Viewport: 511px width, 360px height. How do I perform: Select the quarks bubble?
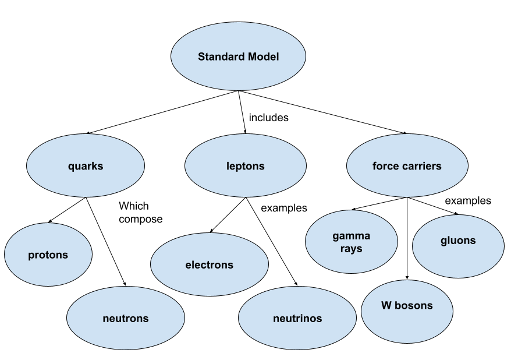86,166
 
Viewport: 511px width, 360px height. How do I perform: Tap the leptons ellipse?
245,166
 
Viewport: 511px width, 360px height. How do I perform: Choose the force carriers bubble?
407,166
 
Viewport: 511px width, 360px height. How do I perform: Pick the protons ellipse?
48,255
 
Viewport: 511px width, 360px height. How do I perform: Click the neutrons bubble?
125,318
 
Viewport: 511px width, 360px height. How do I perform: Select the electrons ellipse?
209,264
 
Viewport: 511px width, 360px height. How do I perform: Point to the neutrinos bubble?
297,318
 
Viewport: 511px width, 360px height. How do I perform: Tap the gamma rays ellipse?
351,242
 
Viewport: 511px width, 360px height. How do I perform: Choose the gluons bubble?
458,246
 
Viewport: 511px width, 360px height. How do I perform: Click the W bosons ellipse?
407,311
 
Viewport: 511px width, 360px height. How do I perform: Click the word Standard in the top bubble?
219,57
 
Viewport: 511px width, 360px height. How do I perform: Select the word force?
385,166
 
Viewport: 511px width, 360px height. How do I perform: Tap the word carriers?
420,166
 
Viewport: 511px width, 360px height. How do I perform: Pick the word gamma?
351,236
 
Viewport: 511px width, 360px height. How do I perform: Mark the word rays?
351,249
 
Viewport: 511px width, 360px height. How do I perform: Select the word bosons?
414,305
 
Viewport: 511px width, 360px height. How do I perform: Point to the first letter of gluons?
443,241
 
